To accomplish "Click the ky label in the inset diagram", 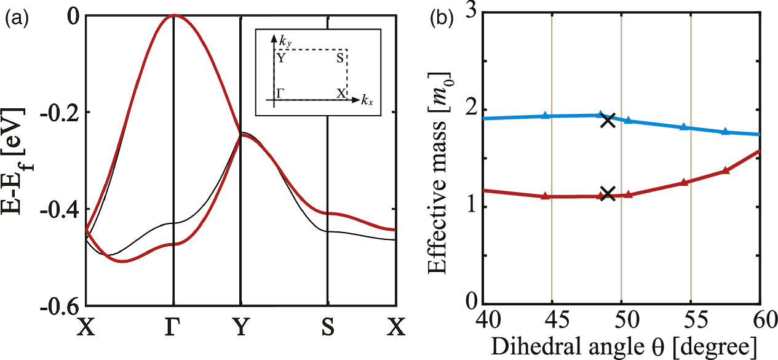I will [x=285, y=44].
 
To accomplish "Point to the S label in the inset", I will [x=339, y=59].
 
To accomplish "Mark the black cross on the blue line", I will [x=608, y=120].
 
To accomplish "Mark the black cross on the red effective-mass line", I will [x=608, y=193].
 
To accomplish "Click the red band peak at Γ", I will [x=174, y=15].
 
